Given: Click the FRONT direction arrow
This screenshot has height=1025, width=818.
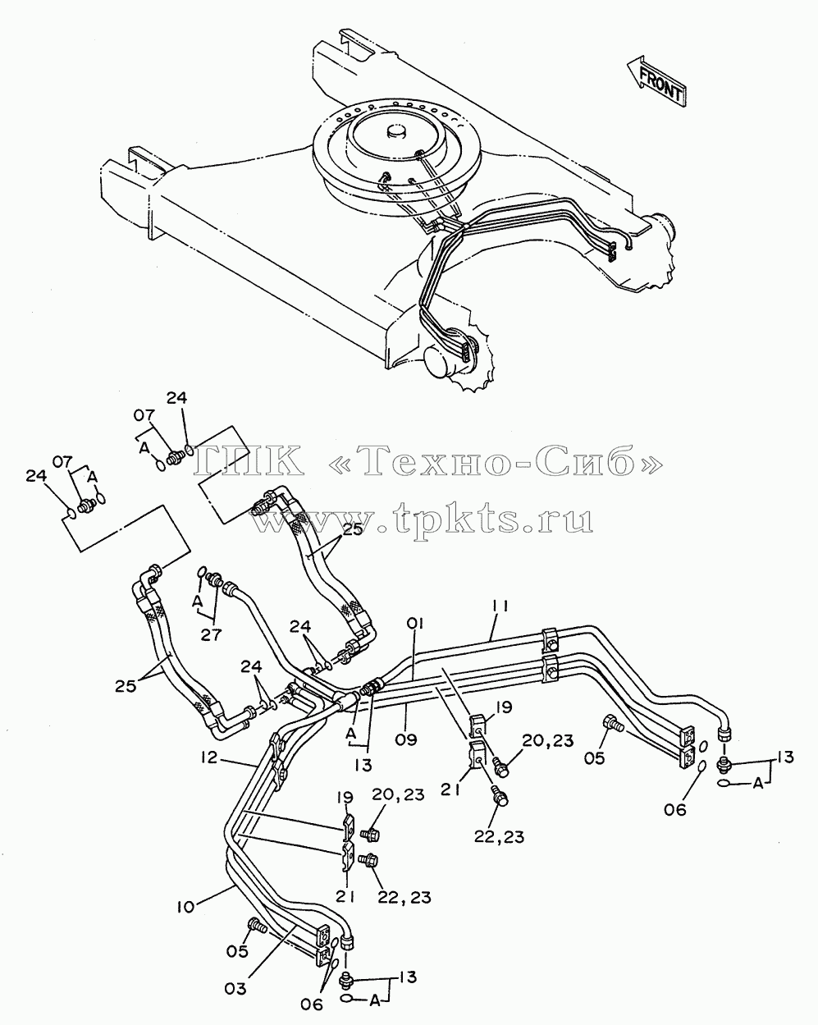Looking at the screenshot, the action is coord(656,81).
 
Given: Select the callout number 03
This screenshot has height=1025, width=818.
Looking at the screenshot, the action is coord(235,988).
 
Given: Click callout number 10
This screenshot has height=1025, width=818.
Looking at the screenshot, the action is coord(185,906).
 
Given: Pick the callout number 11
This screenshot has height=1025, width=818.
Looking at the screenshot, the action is coord(500,606).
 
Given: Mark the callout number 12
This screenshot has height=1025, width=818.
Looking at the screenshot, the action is coord(208,757).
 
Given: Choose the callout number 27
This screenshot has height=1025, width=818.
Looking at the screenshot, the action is coord(211,634).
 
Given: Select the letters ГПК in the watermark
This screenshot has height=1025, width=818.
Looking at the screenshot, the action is coord(249,460).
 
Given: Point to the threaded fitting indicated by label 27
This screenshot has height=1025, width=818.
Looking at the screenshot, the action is coord(217,579).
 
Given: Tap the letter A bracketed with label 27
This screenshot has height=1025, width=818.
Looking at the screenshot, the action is coord(197,602).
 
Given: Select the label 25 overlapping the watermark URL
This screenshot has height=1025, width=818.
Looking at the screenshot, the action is coord(353,529).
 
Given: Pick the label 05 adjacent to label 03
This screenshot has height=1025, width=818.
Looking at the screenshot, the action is coord(237,964).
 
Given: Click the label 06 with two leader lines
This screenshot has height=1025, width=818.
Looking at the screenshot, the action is coord(312,1004).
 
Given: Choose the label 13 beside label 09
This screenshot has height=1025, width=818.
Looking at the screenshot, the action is coord(363,766).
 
